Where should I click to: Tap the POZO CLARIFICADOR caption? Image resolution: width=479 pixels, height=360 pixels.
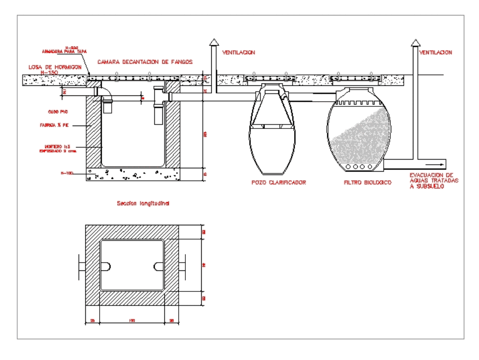[x=279, y=183]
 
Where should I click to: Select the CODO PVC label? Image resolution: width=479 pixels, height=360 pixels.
[x=57, y=112]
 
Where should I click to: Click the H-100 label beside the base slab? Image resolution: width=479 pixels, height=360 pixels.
[x=66, y=172]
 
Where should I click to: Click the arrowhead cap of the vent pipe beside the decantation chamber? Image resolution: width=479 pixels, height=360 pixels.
[x=211, y=43]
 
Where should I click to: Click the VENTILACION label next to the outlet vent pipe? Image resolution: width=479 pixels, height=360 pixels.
[x=435, y=52]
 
